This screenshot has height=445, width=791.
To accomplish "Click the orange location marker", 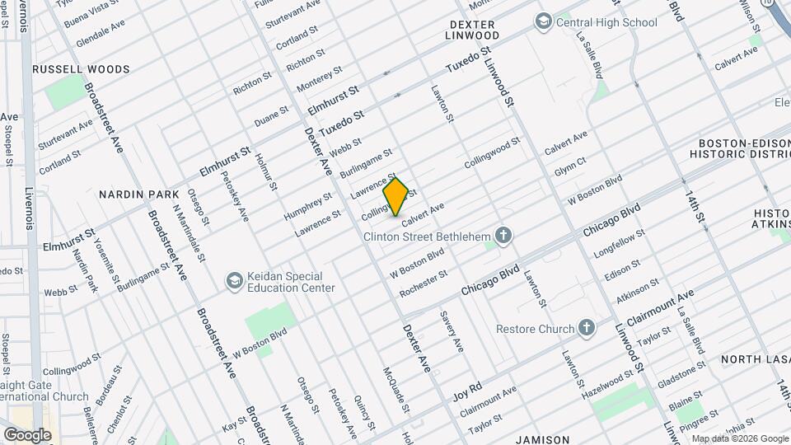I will click(396, 197).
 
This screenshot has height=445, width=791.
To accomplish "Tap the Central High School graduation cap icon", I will click(543, 21).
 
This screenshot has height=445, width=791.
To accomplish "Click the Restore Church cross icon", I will click(586, 329).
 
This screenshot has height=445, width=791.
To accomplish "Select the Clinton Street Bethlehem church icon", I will click(503, 237).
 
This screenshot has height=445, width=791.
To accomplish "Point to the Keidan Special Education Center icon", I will click(235, 281).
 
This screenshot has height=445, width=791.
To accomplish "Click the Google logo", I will click(27, 434).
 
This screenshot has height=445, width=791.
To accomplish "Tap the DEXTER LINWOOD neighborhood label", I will click(472, 30).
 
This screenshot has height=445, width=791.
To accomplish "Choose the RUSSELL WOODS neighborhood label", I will click(81, 69).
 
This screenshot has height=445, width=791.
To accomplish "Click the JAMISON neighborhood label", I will click(544, 439).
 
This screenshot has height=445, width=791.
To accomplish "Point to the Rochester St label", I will click(424, 283).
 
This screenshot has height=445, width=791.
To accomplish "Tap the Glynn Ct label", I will click(569, 166).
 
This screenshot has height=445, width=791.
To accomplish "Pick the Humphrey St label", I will click(307, 204).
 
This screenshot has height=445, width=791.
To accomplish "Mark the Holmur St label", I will click(264, 171).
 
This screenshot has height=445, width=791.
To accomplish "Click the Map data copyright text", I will click(739, 438).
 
